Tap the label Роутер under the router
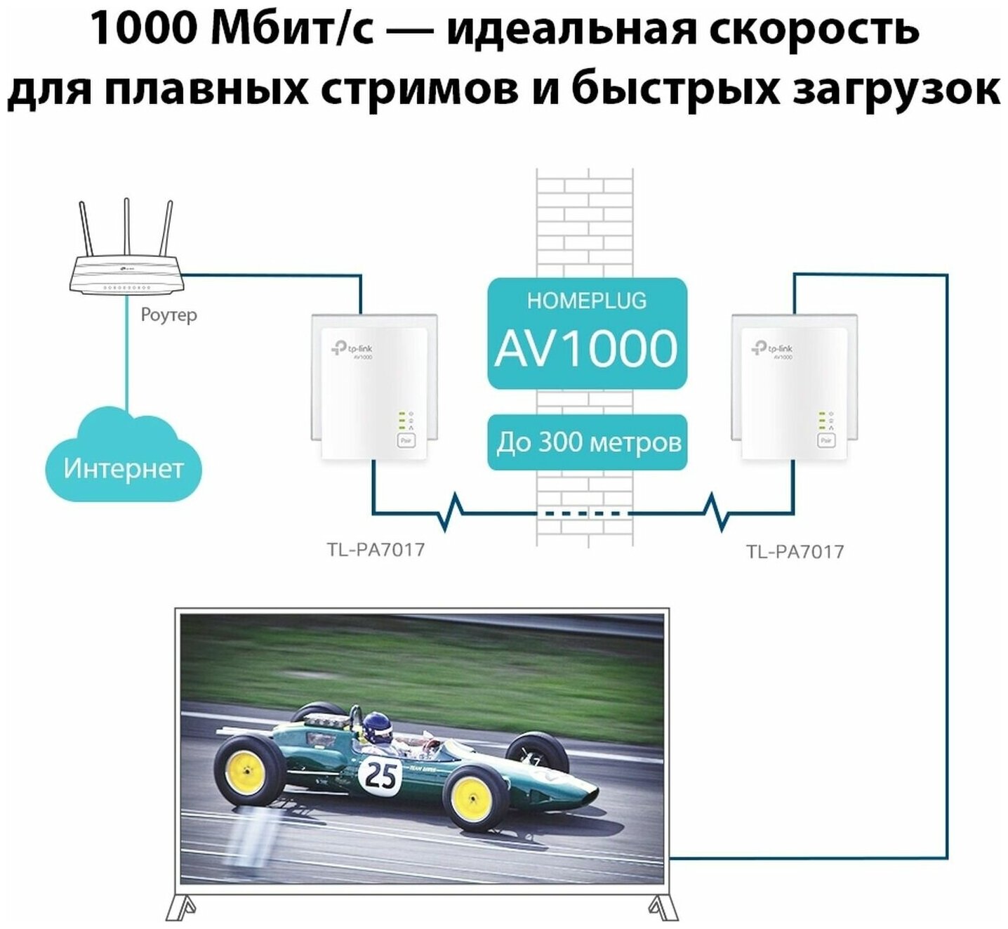168,315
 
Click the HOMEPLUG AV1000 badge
587,333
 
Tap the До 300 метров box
588,443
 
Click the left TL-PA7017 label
376,549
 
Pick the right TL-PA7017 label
795,551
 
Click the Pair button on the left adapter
406,440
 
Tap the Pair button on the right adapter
825,440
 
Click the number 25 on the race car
380,776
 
